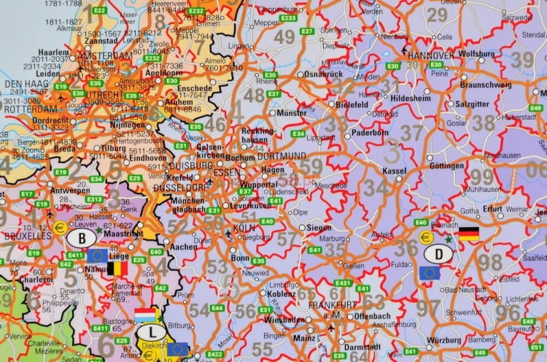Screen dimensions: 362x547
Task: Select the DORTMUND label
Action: pyautogui.click(x=282, y=156)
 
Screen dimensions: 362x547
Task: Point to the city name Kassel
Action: pyautogui.click(x=394, y=170)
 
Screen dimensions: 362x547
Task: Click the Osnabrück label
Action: pyautogui.click(x=324, y=74)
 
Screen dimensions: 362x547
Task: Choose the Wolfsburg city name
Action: pyautogui.click(x=476, y=53)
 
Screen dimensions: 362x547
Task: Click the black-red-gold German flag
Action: pyautogui.click(x=469, y=234)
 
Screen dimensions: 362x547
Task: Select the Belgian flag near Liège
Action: pyautogui.click(x=117, y=269)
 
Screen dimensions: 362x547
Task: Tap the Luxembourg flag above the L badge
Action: pyautogui.click(x=145, y=315)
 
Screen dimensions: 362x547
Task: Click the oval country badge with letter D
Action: pyautogui.click(x=438, y=253)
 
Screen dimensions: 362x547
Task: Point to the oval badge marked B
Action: pyautogui.click(x=82, y=239)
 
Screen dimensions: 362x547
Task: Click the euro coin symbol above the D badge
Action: pyautogui.click(x=426, y=236)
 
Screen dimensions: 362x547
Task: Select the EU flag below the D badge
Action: pyautogui.click(x=430, y=273)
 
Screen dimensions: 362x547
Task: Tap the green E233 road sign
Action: pyautogui.click(x=288, y=18)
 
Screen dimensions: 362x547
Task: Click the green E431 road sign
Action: pyautogui.click(x=343, y=282)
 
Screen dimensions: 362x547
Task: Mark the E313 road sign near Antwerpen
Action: pyautogui.click(x=94, y=199)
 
